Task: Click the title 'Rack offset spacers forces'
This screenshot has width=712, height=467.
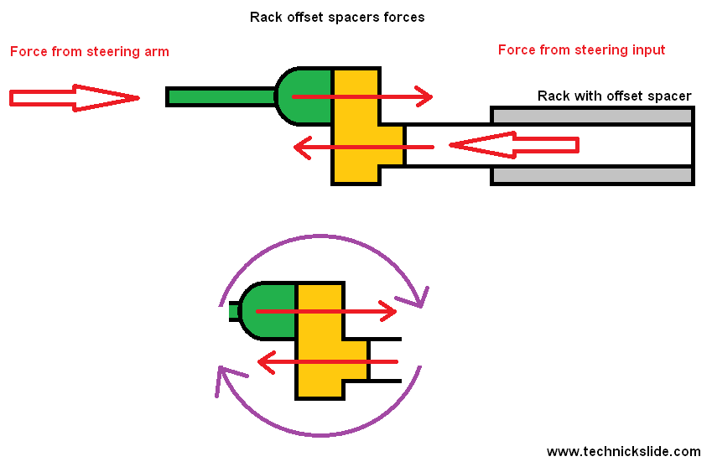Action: click(x=337, y=17)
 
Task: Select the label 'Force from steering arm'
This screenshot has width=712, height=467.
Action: click(x=90, y=52)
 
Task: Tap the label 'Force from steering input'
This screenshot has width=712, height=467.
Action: click(x=581, y=50)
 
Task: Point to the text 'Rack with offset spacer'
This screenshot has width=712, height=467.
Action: click(x=614, y=96)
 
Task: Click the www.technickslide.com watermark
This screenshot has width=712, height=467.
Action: click(x=623, y=451)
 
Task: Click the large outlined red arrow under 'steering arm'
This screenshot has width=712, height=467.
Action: click(x=74, y=98)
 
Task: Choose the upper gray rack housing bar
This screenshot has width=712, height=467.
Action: click(x=591, y=116)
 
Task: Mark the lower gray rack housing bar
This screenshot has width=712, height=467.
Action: click(x=591, y=175)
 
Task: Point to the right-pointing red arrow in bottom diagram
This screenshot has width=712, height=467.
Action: click(x=352, y=311)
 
